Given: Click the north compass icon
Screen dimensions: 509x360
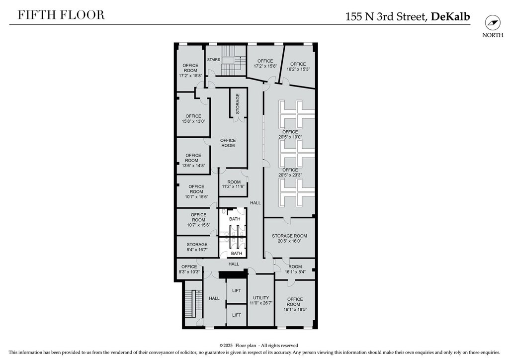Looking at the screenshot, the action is click(x=493, y=23).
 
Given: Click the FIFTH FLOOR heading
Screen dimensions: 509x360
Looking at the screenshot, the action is click(x=61, y=15).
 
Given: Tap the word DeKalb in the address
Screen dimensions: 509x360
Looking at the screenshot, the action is click(x=450, y=16).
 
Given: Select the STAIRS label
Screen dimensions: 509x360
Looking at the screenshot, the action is click(x=214, y=59).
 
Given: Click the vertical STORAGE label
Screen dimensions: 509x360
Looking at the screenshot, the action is click(x=238, y=104).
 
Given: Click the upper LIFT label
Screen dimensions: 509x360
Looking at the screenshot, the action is click(x=237, y=290).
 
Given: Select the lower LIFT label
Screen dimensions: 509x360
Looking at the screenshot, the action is click(x=237, y=315).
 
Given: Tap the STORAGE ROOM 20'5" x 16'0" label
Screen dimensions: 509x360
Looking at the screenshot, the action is click(x=289, y=238).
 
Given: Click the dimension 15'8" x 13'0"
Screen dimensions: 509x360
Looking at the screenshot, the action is click(x=193, y=121).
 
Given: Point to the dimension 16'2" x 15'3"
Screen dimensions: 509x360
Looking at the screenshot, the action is click(x=298, y=69).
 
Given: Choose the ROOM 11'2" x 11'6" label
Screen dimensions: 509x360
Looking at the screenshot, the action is click(x=234, y=184).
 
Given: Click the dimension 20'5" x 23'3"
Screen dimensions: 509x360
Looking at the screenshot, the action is click(x=290, y=175).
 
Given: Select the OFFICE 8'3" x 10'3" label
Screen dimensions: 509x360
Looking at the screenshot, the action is click(x=189, y=269).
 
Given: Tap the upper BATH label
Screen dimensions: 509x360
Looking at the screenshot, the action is click(x=235, y=219).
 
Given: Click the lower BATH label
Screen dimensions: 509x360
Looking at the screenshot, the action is click(x=237, y=254).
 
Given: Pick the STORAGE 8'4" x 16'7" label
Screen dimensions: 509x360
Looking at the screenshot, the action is click(x=197, y=247).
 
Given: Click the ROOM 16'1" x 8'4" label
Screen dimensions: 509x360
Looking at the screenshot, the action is click(x=295, y=269).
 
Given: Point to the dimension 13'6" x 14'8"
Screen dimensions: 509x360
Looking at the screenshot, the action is click(x=193, y=166).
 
